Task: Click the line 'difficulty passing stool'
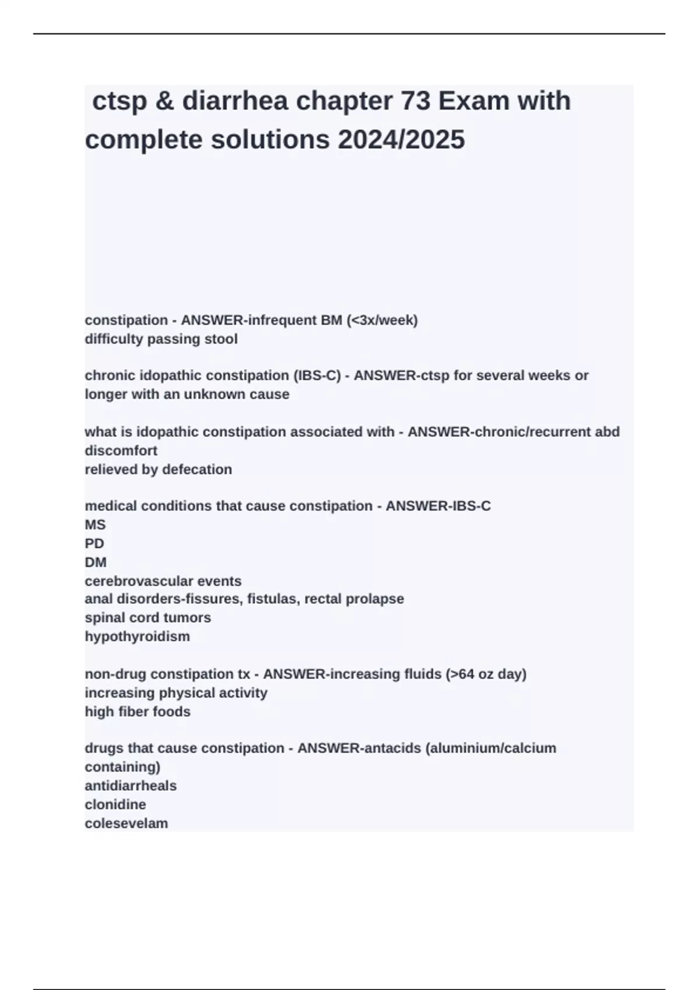pos(161,339)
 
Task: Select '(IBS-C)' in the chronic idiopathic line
pos(318,376)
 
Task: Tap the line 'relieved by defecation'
pos(158,469)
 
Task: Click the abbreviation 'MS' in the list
pos(96,525)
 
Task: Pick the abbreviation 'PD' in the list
pos(94,543)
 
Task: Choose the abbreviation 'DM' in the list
pos(96,562)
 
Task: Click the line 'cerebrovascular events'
pos(163,581)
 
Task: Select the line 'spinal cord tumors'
pos(148,617)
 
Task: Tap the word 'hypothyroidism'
pos(137,637)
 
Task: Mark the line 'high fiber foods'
pos(137,712)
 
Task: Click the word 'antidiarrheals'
pos(130,786)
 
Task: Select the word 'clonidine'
pos(115,804)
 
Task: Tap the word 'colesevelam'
pos(126,823)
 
